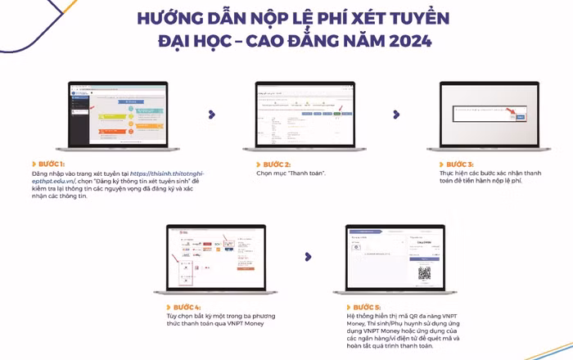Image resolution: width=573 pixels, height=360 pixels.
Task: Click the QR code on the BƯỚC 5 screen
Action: coord(424,273)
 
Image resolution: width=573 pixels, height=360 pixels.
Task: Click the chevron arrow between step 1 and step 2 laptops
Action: coord(212,114)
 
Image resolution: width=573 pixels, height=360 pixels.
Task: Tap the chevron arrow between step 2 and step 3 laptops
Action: coord(397,114)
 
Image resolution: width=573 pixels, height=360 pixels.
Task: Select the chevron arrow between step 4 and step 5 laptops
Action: coord(309,256)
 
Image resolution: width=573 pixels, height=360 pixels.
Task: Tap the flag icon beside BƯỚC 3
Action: coord(437,164)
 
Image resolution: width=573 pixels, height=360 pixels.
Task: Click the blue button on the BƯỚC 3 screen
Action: coord(520,118)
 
